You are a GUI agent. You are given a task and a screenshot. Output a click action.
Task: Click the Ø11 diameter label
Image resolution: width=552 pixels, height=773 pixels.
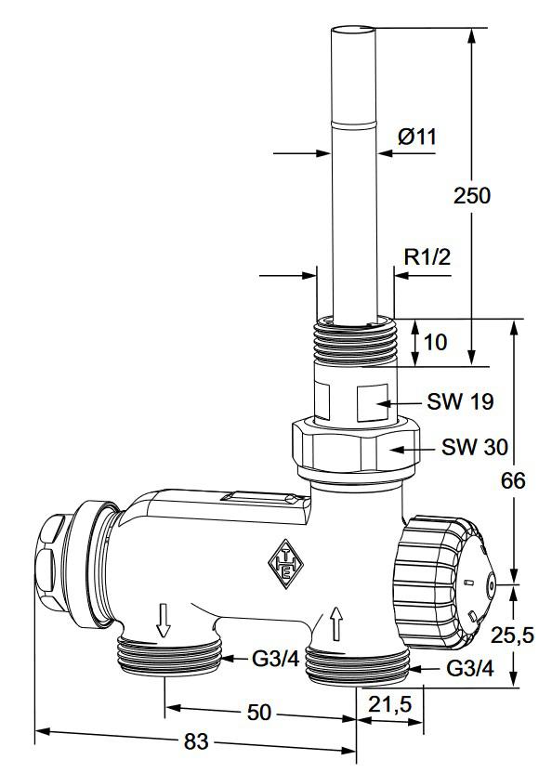coord(416,137)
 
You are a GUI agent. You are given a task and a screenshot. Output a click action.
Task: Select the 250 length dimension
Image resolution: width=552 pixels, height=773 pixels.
coord(471,196)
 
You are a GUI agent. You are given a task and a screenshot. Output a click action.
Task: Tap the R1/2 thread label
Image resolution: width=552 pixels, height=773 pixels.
coord(427,257)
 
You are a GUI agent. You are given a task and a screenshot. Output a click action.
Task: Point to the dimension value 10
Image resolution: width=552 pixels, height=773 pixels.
coord(435,342)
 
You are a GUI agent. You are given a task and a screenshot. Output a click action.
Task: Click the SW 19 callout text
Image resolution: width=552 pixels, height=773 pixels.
coord(460,402)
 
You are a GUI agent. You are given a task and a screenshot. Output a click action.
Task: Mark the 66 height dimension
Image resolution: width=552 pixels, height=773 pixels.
coord(513,480)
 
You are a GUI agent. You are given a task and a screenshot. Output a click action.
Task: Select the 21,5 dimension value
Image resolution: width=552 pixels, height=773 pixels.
coord(390,705)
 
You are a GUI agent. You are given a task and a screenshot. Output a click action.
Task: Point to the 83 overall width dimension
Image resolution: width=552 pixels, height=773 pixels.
coord(196,742)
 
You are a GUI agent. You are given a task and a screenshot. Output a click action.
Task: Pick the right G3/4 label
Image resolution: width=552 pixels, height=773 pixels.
coord(469,668)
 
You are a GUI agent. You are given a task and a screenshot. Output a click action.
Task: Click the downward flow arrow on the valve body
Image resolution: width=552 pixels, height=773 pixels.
coord(164,620)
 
